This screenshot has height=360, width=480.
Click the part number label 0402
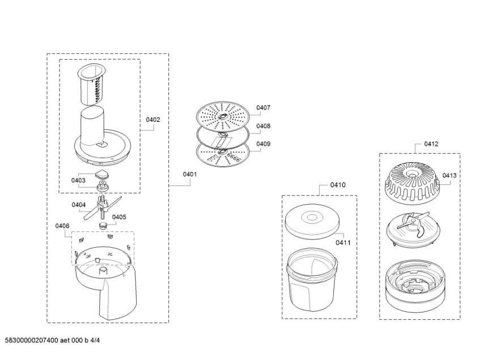(153, 120)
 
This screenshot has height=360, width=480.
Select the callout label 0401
(189, 175)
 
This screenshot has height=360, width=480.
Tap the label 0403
(78, 180)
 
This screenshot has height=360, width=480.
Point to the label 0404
(79, 205)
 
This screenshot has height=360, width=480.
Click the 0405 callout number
(119, 217)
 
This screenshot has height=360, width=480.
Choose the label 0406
(62, 226)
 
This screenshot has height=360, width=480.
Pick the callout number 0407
(263, 108)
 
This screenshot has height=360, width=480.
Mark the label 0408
(263, 126)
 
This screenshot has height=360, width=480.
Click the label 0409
(263, 144)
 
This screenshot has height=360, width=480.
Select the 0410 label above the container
(338, 185)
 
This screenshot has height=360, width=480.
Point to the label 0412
(431, 144)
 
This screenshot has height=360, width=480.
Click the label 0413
(449, 176)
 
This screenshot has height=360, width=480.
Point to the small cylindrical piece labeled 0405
(103, 226)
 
